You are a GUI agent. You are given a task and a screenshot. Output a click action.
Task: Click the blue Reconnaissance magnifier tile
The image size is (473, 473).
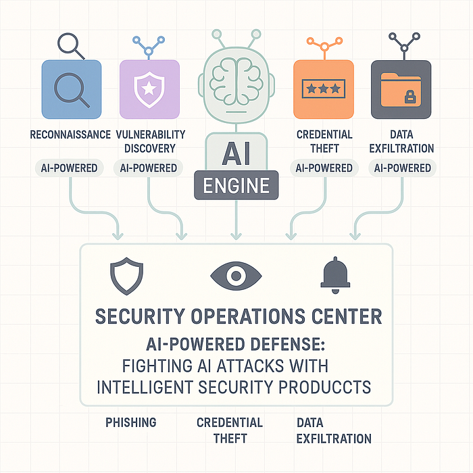coord(72,89)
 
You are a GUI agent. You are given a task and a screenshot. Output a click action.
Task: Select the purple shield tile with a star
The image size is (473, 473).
coord(149,89)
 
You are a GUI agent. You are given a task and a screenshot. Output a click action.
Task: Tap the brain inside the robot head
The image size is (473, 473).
coord(236,80)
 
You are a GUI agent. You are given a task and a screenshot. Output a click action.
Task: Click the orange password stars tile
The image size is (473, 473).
coord(324,89)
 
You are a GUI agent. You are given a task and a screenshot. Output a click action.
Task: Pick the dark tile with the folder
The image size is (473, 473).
coord(401,89)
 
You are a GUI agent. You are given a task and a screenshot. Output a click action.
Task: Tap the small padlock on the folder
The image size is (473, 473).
coord(410,97)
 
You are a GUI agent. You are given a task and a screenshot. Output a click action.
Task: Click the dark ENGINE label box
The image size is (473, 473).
coord(236,185)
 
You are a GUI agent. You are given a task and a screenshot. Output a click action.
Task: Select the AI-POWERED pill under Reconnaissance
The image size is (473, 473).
coord(70,168)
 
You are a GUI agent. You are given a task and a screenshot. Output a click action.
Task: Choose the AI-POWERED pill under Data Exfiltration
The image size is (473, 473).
coord(403,168)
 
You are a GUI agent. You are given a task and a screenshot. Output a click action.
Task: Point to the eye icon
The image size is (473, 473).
coord(236,276)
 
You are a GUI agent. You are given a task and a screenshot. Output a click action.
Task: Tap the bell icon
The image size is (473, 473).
coord(335,274)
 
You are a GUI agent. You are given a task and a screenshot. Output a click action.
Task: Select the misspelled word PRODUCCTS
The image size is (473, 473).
coord(324,387)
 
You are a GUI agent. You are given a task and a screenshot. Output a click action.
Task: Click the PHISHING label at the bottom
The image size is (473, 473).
coord(131,422)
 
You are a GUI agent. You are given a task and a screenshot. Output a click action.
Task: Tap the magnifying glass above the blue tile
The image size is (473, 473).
coord(70,45)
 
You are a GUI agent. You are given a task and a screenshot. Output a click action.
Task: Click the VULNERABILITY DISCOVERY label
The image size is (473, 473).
coord(150,141)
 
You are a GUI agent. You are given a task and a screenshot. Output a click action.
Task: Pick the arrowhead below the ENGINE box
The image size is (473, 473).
coord(236,236)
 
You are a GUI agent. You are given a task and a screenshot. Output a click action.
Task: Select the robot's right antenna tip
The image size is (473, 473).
coord(256,34)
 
